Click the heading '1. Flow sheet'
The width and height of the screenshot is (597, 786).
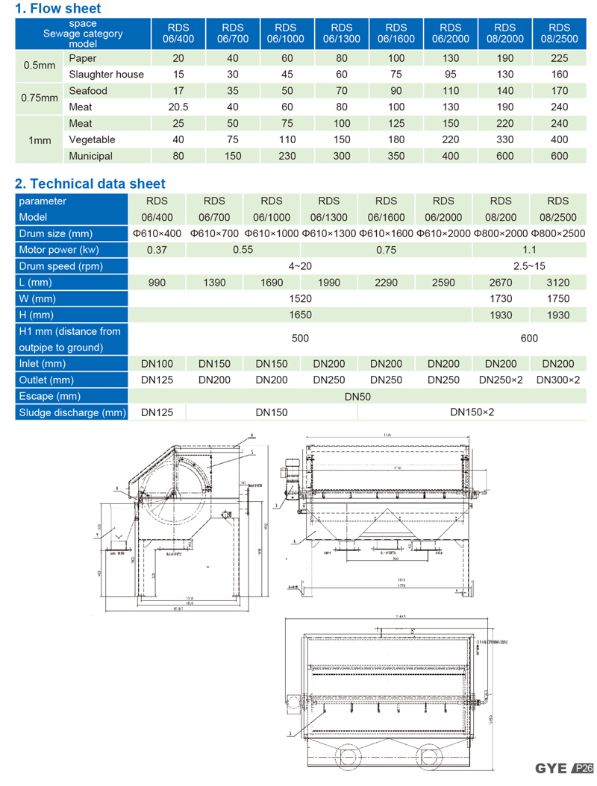58,9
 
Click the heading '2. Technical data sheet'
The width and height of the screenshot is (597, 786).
90,183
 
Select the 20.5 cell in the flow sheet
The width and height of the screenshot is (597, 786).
179,107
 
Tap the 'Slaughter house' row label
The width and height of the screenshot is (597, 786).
106,74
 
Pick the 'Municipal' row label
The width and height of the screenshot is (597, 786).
90,156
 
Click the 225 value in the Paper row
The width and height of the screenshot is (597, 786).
559,57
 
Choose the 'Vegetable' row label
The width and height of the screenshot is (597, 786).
92,139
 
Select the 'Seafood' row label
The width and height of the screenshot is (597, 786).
88,90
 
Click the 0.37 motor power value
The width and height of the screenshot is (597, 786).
157,250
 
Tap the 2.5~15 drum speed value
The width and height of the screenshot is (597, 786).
529,266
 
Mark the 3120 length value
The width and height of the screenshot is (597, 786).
557,283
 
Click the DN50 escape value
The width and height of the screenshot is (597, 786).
357,396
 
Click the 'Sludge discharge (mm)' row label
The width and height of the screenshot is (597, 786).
72,412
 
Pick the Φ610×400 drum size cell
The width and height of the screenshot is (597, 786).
157,233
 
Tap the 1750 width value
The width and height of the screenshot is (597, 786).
557,298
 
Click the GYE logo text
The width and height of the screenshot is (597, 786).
551,768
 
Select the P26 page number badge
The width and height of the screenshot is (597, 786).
583,768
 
